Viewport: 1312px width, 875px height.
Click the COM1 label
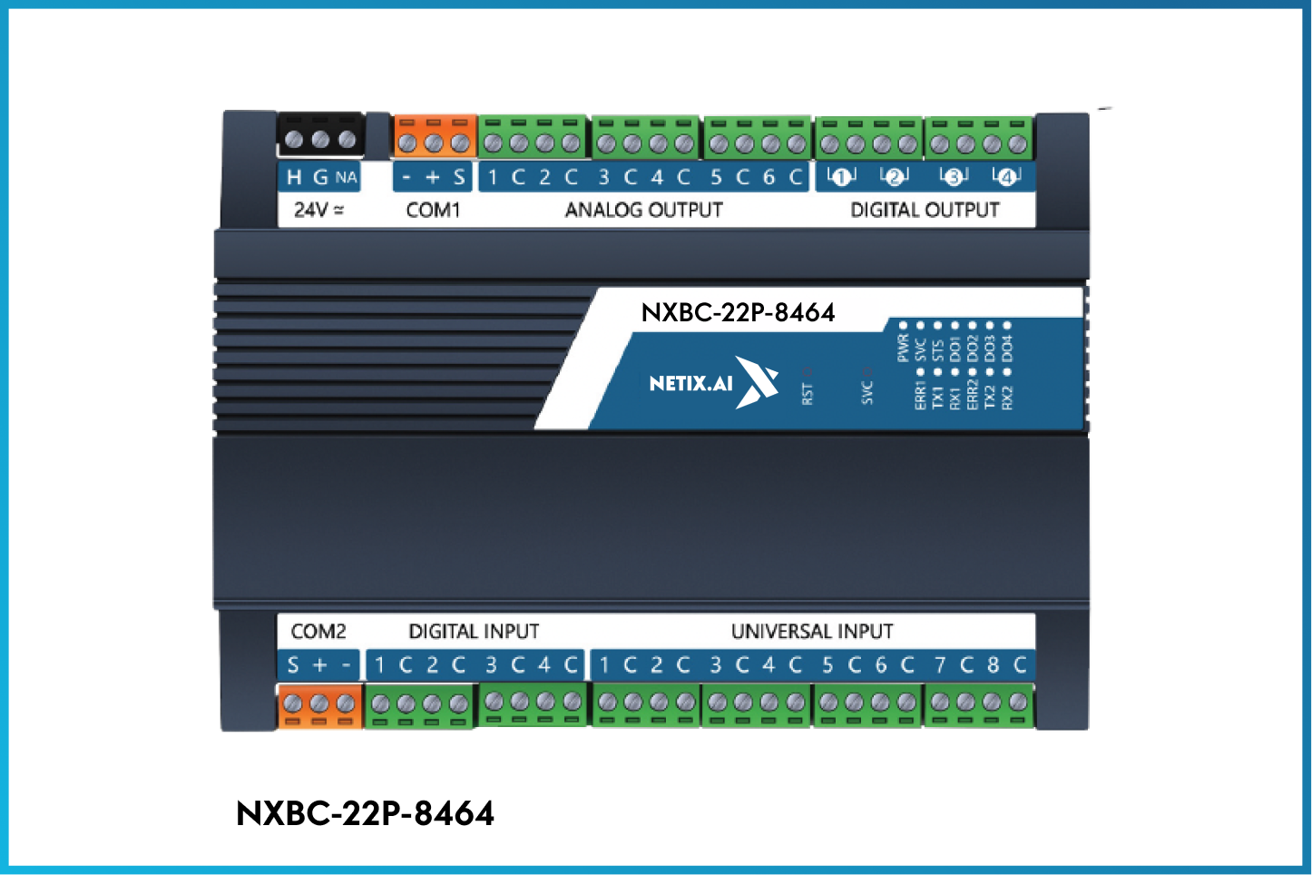click(433, 210)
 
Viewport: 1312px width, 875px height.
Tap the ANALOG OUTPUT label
click(643, 210)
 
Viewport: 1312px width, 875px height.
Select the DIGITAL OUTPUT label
click(925, 210)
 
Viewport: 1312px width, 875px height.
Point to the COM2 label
click(318, 631)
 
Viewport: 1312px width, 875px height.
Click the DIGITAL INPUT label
click(474, 631)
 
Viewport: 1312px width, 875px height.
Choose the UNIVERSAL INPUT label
click(812, 631)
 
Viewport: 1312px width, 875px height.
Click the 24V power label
click(318, 210)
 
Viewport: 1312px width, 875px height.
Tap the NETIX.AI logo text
click(690, 383)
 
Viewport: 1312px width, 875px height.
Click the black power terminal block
click(320, 137)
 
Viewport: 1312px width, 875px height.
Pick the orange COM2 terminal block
click(319, 706)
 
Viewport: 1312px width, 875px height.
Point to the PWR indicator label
click(903, 348)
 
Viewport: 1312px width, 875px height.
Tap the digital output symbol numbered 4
click(1006, 177)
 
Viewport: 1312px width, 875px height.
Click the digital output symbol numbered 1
click(841, 177)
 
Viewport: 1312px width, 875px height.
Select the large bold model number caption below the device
click(365, 813)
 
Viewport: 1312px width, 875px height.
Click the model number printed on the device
click(738, 312)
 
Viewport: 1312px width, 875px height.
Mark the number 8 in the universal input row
click(994, 665)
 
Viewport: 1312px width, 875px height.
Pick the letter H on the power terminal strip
click(294, 177)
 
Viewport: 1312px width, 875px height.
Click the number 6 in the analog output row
click(769, 177)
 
